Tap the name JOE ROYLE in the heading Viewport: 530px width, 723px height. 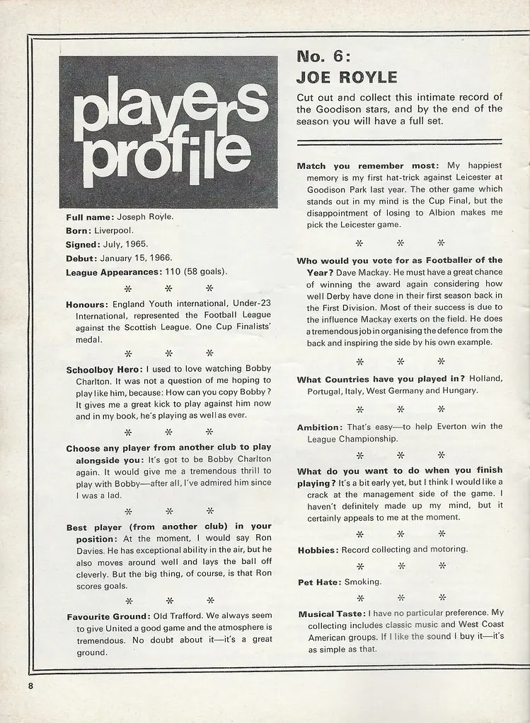point(347,77)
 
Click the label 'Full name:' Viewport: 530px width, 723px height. point(89,217)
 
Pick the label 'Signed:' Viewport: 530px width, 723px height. point(85,244)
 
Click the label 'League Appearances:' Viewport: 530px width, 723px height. point(114,271)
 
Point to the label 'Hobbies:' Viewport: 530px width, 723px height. point(318,549)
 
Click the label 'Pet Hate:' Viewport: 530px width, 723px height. point(319,582)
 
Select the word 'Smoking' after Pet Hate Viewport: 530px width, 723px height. point(362,582)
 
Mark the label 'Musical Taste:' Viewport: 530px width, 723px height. point(331,614)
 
